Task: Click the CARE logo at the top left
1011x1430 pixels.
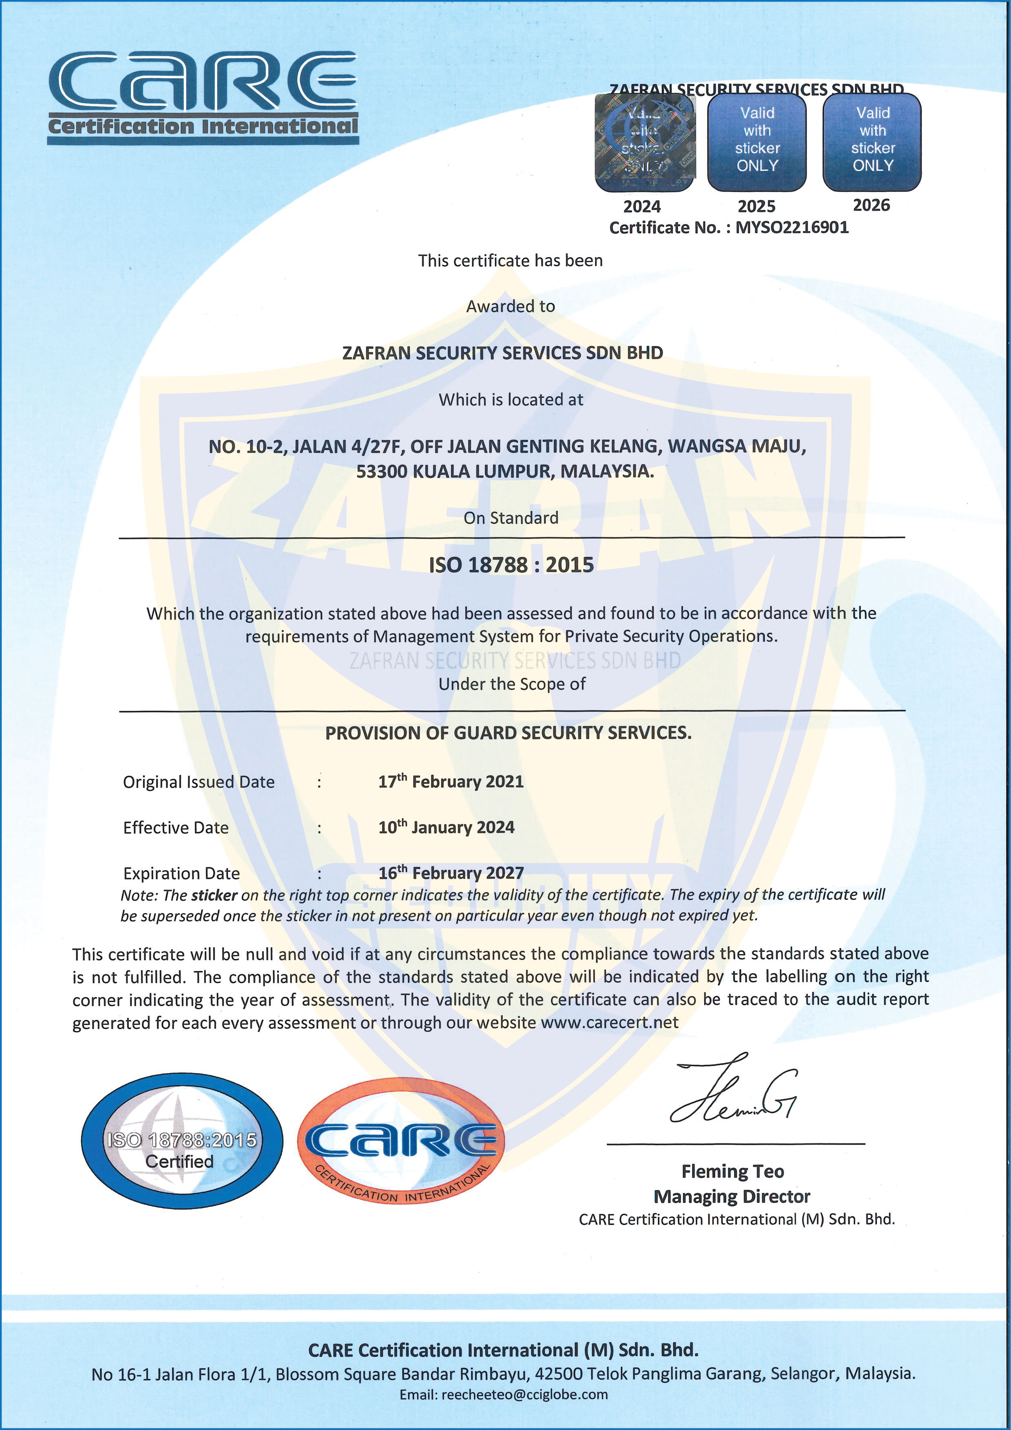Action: pos(203,97)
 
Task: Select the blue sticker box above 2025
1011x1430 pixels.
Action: pos(757,142)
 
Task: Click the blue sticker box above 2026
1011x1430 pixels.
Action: pos(872,142)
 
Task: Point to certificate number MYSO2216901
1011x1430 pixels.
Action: pos(792,227)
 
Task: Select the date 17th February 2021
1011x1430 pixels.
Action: pos(451,781)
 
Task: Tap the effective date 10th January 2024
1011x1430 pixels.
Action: pos(446,827)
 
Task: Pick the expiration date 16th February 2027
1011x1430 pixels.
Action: pos(451,873)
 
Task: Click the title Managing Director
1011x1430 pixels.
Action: pos(732,1196)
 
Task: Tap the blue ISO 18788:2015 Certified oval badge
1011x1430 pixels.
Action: pos(182,1141)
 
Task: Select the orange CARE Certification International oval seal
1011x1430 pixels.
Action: pos(401,1141)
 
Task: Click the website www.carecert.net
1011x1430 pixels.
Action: pos(610,1023)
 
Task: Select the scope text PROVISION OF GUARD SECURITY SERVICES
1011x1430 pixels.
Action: pos(508,733)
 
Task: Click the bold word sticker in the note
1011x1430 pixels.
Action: pos(214,896)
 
